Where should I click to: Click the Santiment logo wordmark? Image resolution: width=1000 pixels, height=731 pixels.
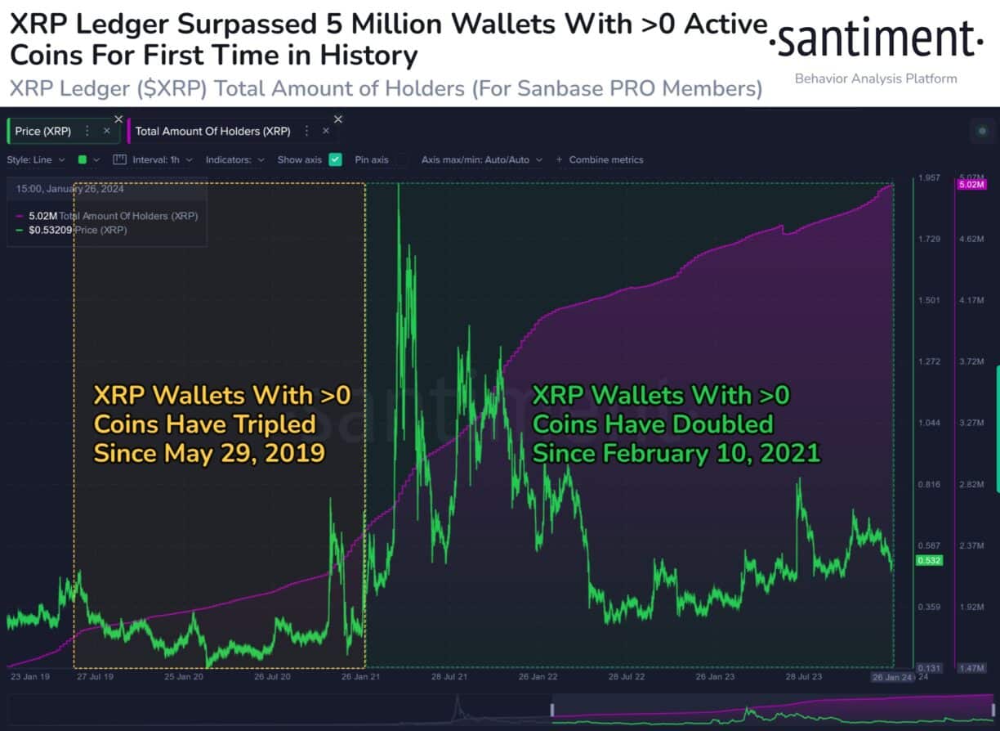tap(876, 39)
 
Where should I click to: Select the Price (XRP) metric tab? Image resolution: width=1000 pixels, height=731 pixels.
tap(43, 131)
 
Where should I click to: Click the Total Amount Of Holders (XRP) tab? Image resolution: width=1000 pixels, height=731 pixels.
tap(212, 131)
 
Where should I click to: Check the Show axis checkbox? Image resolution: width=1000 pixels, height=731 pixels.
tap(335, 159)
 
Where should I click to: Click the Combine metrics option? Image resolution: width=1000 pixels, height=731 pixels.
tap(605, 159)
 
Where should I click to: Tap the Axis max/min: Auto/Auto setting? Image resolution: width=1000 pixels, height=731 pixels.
tap(475, 159)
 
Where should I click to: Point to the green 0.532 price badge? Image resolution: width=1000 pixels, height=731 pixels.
tap(929, 560)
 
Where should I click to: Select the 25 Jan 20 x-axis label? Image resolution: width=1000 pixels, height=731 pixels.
tap(183, 678)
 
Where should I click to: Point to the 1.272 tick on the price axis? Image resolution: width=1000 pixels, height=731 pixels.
tap(929, 361)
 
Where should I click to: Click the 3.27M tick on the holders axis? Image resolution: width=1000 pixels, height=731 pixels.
tap(971, 423)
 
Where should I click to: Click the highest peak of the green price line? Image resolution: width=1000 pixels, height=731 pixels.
tap(399, 186)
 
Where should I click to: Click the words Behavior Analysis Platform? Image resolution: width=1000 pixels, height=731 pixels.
tap(876, 78)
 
